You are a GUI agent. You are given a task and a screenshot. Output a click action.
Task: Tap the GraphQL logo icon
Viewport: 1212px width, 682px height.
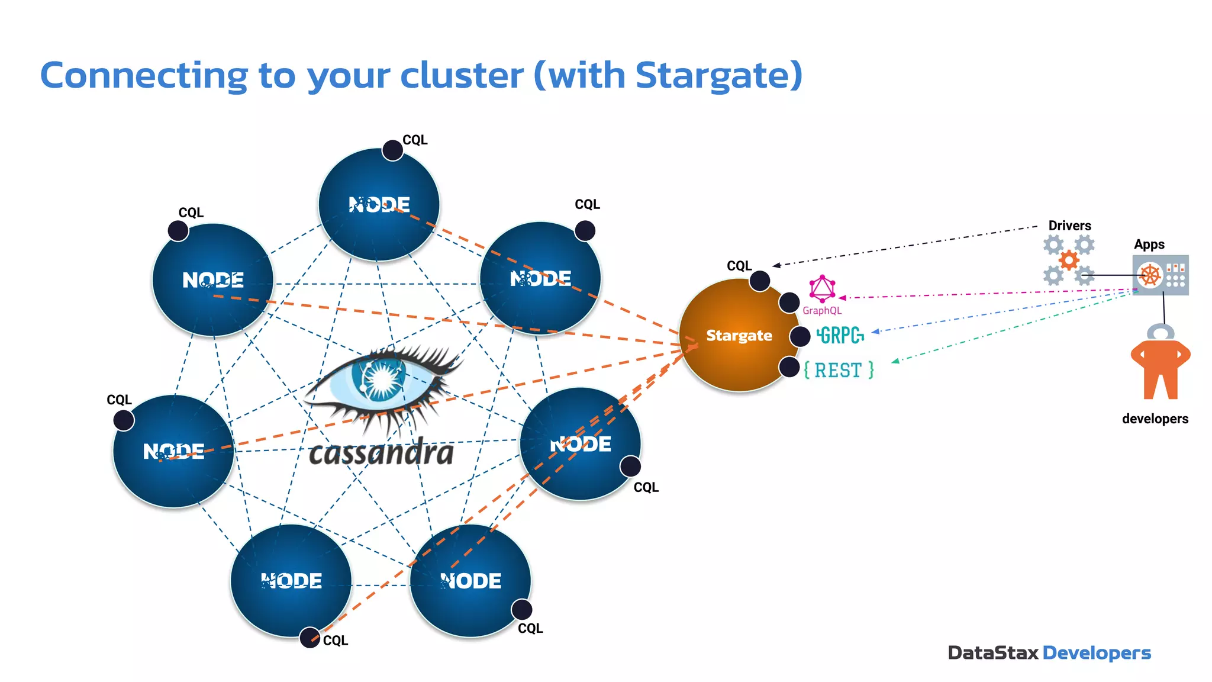click(822, 288)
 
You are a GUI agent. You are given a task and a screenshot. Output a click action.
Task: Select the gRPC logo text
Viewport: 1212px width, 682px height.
click(840, 336)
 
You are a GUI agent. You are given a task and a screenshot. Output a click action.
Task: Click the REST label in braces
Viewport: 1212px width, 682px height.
click(839, 370)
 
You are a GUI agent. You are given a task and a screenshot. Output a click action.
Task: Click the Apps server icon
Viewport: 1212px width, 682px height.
click(1161, 275)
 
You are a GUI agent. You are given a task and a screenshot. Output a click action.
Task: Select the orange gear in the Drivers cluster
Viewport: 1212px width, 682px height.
click(1069, 260)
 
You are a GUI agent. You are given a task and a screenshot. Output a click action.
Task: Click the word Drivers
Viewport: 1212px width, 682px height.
click(1069, 226)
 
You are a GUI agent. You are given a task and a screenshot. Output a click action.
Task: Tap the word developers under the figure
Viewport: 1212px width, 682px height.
click(1155, 419)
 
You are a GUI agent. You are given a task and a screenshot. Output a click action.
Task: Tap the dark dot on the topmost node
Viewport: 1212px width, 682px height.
click(392, 150)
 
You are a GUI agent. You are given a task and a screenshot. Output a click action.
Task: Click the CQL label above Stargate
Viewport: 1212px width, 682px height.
click(739, 266)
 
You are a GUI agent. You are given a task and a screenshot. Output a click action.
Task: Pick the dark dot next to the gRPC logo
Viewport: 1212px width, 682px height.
click(800, 336)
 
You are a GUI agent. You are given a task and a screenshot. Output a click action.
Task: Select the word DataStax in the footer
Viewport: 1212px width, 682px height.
click(992, 653)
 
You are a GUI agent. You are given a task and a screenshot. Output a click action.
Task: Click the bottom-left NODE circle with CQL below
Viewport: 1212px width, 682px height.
click(291, 581)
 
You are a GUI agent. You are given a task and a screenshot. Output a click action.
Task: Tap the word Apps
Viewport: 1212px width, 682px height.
click(1149, 245)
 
